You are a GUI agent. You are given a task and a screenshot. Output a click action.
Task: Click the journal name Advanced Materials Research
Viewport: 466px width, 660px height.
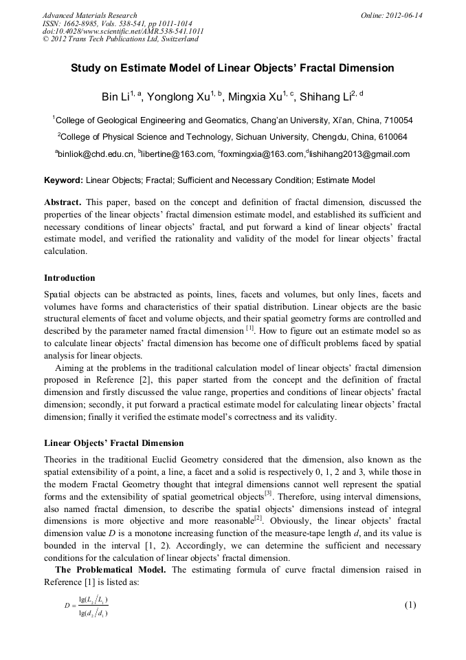89,15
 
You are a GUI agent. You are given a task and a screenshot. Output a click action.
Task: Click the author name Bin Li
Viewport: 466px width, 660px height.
117,96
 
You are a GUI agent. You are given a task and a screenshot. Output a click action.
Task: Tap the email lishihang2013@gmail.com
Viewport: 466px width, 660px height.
362,154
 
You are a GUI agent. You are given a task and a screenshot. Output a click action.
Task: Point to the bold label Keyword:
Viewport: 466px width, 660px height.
63,180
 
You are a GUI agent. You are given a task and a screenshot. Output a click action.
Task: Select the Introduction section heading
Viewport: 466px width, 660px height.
69,278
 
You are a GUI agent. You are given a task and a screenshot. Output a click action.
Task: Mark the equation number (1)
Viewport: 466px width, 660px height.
410,605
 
